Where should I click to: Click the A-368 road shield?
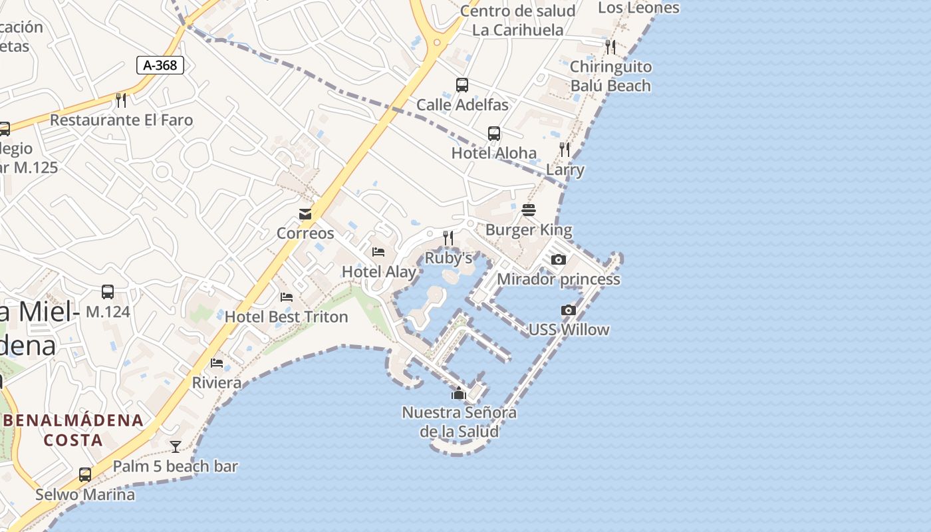160,65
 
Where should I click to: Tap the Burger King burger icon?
529,211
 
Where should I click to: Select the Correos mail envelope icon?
305,214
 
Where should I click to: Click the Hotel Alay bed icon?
378,252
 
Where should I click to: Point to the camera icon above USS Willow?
568,310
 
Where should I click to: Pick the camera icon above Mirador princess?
559,259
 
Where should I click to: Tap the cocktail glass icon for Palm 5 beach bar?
176,447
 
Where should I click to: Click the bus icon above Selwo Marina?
85,475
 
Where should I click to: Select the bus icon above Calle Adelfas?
462,85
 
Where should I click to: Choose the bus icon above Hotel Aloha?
494,134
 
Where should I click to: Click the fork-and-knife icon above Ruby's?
448,237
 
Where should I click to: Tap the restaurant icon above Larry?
565,150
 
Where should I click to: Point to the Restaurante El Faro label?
122,120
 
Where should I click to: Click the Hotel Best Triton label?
287,317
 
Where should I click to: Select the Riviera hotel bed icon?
217,362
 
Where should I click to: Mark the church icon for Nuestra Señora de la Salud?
459,393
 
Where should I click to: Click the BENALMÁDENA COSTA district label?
74,430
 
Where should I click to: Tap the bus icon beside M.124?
108,292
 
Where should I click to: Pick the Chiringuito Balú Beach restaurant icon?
610,47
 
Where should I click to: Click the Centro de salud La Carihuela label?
518,21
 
